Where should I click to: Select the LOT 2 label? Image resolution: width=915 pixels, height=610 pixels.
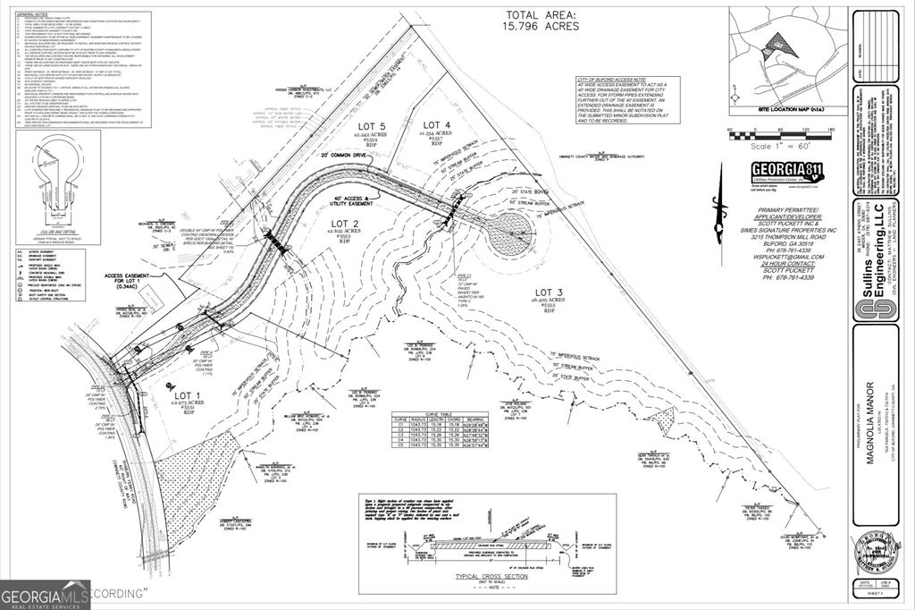(x=345, y=223)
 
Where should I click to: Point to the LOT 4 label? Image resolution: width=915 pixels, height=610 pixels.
(x=437, y=124)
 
